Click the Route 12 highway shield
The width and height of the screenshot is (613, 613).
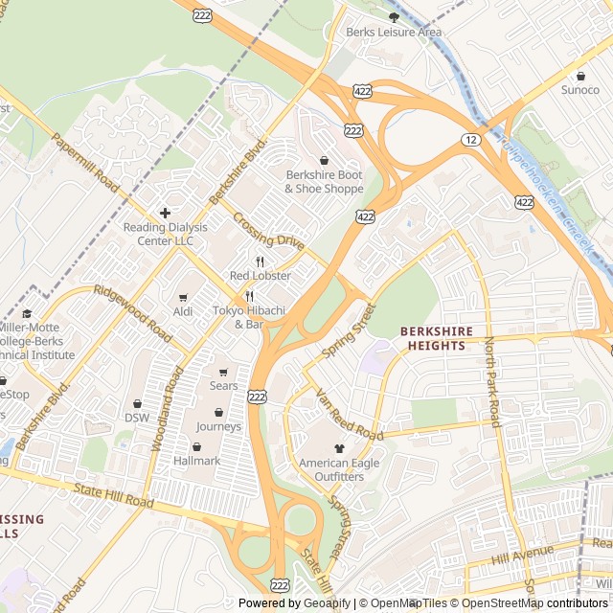tap(472, 140)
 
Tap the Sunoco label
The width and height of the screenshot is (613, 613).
tap(579, 90)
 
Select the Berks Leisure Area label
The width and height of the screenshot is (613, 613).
tap(394, 32)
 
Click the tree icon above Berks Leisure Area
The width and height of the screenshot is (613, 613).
tap(394, 16)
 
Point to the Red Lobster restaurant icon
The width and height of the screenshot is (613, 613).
tap(260, 261)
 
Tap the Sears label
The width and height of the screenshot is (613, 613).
tap(223, 386)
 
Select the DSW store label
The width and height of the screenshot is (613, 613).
tap(137, 418)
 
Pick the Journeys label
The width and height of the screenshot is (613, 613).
tap(218, 426)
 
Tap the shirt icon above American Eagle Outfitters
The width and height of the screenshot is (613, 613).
tap(338, 447)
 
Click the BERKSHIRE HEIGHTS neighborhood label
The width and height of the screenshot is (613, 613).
tap(437, 338)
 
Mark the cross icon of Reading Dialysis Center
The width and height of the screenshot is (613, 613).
tap(165, 213)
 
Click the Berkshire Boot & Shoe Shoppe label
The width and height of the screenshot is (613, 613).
tap(324, 182)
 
